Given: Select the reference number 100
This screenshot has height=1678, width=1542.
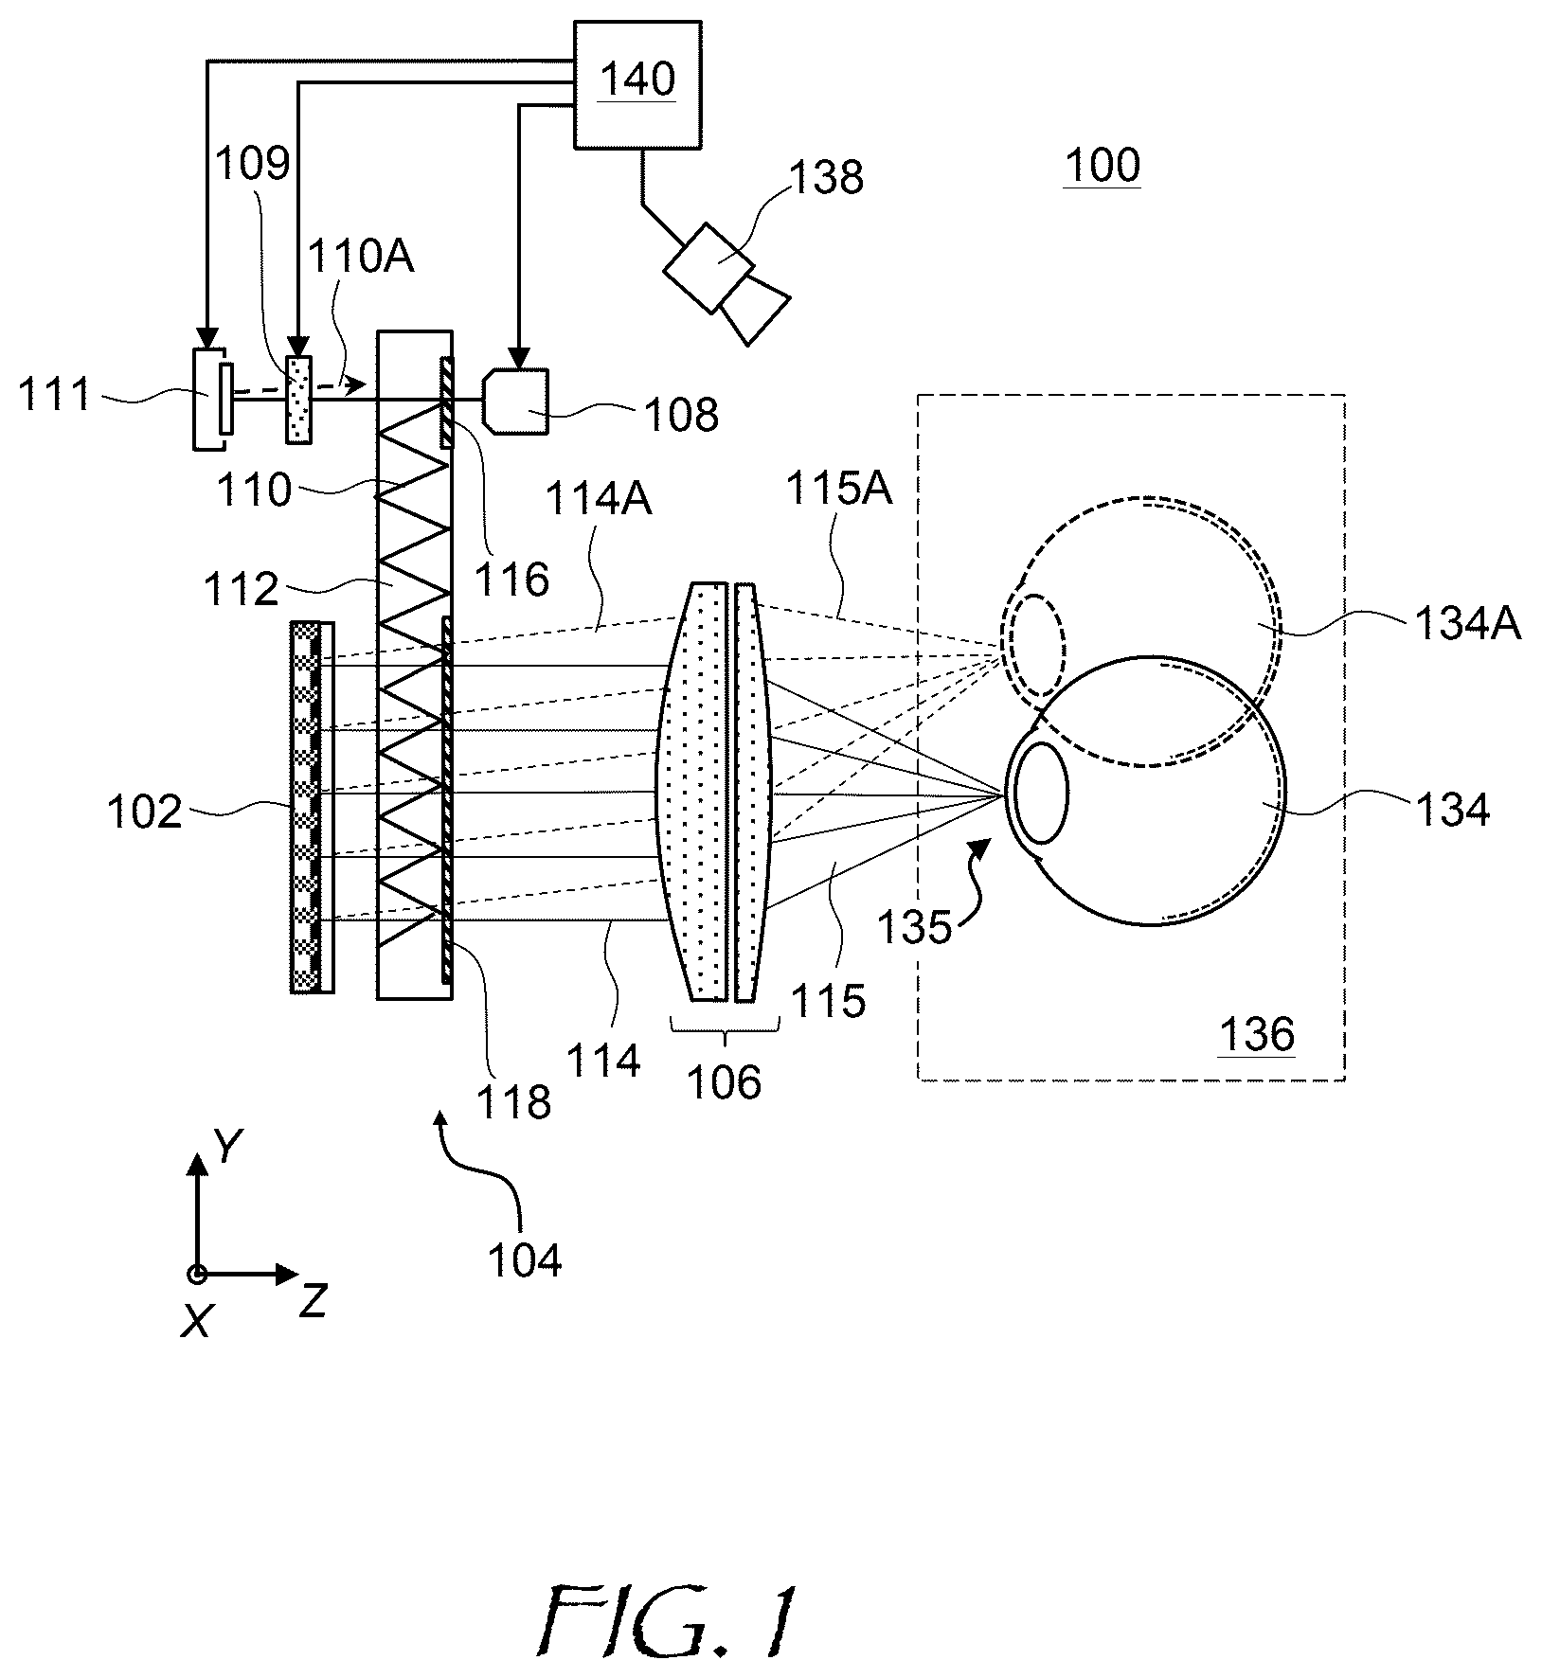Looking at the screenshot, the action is [1102, 166].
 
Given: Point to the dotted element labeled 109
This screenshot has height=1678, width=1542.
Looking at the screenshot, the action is [298, 399].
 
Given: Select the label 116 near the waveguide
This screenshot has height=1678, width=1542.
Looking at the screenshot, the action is [512, 578].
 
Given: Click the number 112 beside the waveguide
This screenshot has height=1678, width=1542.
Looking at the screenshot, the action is [242, 590].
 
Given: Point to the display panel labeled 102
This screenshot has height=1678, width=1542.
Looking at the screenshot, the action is [312, 807].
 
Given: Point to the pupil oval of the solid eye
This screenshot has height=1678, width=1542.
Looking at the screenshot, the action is [1042, 793].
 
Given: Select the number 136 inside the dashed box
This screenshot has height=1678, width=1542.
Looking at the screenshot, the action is [1256, 1035].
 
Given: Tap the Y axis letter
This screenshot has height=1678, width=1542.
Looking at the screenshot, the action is [226, 1148].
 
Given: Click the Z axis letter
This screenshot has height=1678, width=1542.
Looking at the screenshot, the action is [313, 1303].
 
